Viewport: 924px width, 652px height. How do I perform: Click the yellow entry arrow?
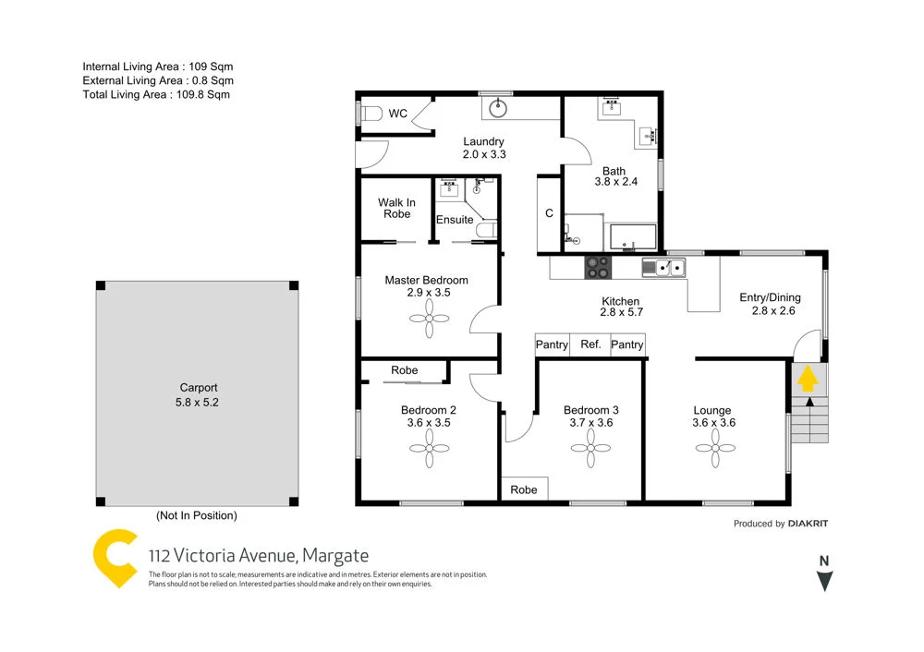pyautogui.click(x=807, y=378)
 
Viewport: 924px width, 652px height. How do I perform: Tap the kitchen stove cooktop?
pyautogui.click(x=597, y=268)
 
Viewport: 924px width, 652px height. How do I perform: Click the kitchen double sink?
pyautogui.click(x=663, y=268)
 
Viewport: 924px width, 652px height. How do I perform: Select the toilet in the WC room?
pyautogui.click(x=370, y=114)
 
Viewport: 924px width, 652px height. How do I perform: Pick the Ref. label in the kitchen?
pyautogui.click(x=590, y=344)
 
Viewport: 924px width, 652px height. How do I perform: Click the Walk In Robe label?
pyautogui.click(x=396, y=209)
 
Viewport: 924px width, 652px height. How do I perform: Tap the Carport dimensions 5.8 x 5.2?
pyautogui.click(x=199, y=402)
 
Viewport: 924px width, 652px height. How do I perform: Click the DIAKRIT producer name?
pyautogui.click(x=808, y=524)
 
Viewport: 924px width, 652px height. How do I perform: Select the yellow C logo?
pyautogui.click(x=117, y=558)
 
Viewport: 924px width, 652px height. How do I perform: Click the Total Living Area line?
pyautogui.click(x=156, y=94)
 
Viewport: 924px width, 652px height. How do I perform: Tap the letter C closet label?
pyautogui.click(x=549, y=213)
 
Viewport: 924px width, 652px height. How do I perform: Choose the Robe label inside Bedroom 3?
pyautogui.click(x=524, y=490)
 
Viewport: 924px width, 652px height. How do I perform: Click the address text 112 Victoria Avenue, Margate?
pyautogui.click(x=259, y=556)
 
